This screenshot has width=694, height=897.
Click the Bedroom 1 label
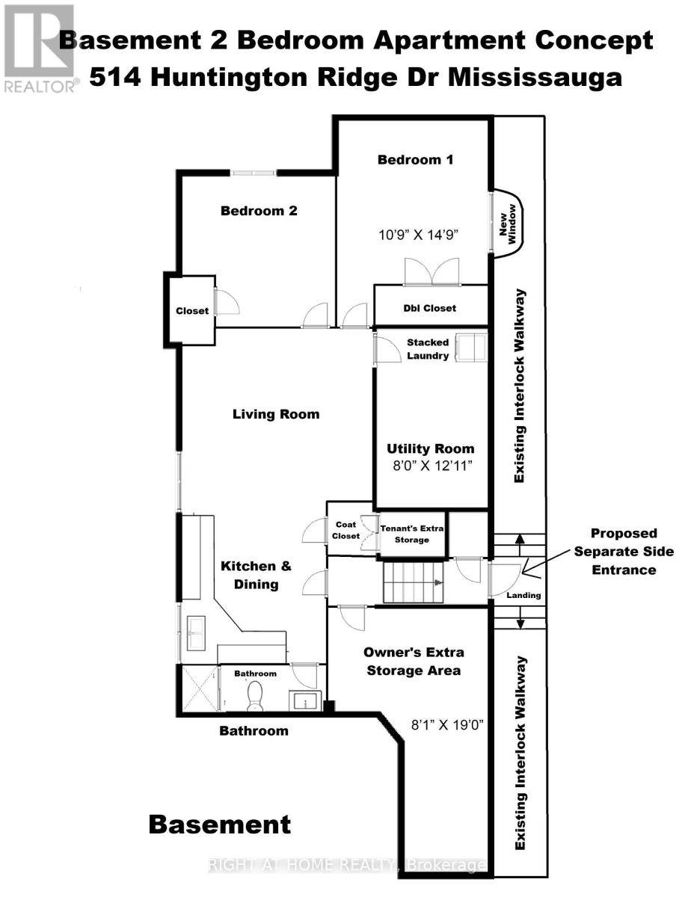(x=415, y=160)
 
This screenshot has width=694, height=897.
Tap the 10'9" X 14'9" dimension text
(x=418, y=235)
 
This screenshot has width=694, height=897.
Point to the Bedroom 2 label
(x=259, y=211)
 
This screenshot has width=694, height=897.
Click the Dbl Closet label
(x=430, y=308)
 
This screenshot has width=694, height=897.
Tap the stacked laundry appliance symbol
(x=471, y=348)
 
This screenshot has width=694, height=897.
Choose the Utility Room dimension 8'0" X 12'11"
(x=432, y=466)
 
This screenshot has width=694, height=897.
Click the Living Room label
(x=276, y=414)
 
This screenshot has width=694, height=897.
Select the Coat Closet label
(x=346, y=530)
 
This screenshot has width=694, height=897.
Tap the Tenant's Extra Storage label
(x=411, y=534)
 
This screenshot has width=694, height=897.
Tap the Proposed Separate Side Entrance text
(x=624, y=552)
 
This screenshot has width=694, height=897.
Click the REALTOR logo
(x=39, y=48)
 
